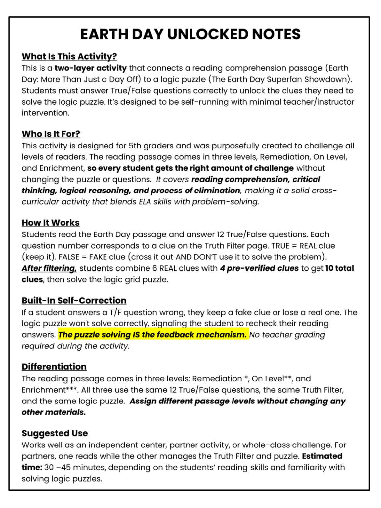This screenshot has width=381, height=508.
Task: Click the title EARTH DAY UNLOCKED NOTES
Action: click(190, 34)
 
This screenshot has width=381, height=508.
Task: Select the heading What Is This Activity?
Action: click(69, 56)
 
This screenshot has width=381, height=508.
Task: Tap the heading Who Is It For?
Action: click(51, 134)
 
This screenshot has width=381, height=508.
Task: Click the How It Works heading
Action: click(51, 223)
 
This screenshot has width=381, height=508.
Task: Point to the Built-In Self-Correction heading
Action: click(74, 300)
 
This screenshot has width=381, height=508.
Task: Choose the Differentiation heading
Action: click(54, 367)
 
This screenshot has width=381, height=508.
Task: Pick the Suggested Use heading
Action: click(55, 433)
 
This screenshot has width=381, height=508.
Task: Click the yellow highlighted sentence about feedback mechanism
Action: click(152, 335)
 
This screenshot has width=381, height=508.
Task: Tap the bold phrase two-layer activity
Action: click(91, 68)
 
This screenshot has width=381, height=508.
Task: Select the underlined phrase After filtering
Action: click(49, 268)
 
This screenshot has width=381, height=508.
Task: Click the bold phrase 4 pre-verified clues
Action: click(259, 268)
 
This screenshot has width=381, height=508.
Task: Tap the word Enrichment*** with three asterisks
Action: click(50, 390)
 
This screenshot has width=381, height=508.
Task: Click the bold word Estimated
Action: click(322, 456)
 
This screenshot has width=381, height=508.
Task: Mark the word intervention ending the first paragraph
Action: click(46, 113)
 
